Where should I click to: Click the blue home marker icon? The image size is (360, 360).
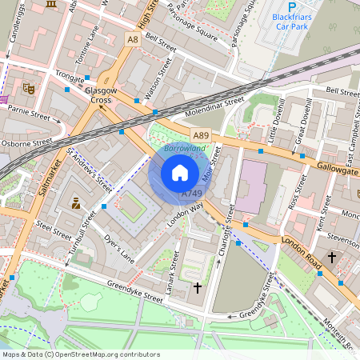pyautogui.click(x=180, y=173)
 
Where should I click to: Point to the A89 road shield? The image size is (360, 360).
pyautogui.click(x=200, y=135)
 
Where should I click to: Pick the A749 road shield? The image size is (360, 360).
pyautogui.click(x=191, y=194)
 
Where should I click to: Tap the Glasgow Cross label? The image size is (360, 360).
pyautogui.click(x=101, y=95)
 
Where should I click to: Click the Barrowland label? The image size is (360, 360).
pyautogui.click(x=185, y=148)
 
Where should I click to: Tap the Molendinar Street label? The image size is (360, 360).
pyautogui.click(x=216, y=106)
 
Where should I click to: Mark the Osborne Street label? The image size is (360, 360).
pyautogui.click(x=26, y=144)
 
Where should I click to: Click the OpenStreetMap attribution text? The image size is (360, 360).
pyautogui.click(x=70, y=354)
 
